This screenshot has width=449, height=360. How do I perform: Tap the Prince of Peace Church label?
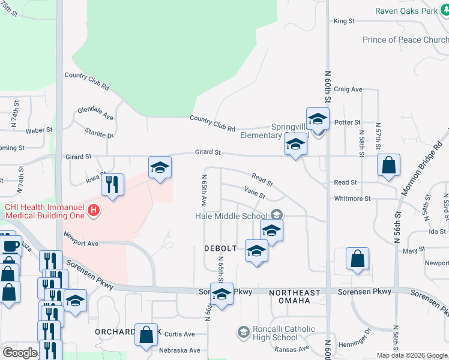click(x=405, y=40)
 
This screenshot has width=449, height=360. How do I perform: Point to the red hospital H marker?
click(x=93, y=211)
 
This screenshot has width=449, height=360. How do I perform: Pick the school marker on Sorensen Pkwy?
click(x=222, y=294)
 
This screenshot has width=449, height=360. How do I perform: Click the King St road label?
click(x=344, y=21)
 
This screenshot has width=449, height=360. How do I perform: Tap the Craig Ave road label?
click(x=348, y=89)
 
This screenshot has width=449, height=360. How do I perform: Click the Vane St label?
click(x=255, y=193)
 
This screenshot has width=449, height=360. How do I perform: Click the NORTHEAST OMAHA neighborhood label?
click(x=294, y=293)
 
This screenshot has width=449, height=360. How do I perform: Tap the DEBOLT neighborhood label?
click(x=217, y=248)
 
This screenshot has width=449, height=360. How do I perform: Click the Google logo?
click(x=20, y=353)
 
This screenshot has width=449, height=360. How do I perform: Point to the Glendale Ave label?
click(x=95, y=114)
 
